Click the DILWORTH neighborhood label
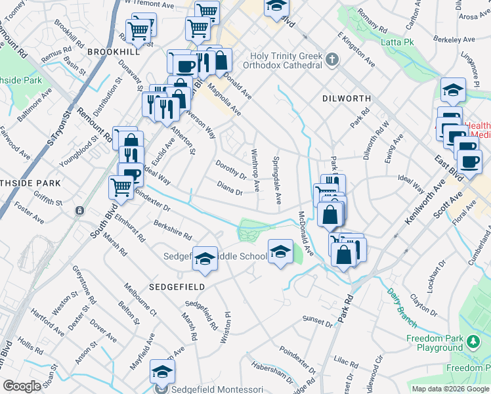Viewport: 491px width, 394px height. coord(347,98)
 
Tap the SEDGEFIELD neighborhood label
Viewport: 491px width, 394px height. coord(177,287)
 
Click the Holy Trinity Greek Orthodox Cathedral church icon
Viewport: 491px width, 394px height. coord(333,60)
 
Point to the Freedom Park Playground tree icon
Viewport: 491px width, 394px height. coord(473,342)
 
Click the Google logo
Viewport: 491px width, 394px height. coord(21,386)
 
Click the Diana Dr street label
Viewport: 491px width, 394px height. coord(230,188)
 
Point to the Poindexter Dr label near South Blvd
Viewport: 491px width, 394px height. coord(152,199)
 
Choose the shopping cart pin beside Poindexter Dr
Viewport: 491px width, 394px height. coord(121,187)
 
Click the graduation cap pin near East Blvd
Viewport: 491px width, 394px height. coord(453,91)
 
